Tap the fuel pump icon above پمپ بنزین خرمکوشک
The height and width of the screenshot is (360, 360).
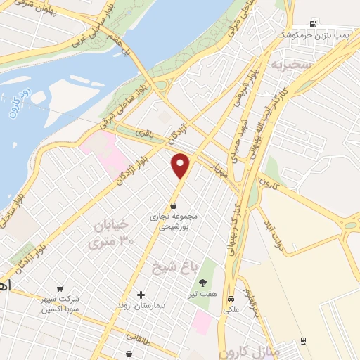[312, 24]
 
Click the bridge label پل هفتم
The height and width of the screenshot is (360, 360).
[117, 48]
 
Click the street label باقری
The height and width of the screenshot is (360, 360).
[145, 135]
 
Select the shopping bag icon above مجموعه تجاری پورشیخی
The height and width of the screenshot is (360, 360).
[174, 205]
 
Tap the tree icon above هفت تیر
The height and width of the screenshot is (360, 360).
[203, 282]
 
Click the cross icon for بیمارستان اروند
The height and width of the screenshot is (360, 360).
[141, 294]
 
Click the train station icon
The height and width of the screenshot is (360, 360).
[303, 341]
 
